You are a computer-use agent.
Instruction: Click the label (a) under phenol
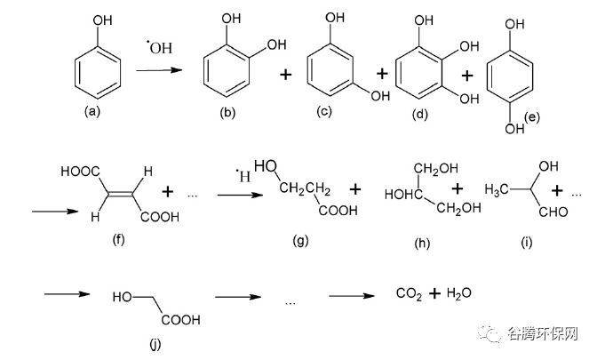click(x=92, y=111)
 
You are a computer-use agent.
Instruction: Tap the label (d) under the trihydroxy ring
click(x=420, y=114)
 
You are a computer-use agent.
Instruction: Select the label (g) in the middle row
click(x=301, y=240)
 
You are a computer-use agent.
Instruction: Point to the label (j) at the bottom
click(x=155, y=344)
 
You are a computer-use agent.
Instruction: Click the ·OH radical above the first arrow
click(x=160, y=47)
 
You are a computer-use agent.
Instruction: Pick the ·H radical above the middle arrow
click(x=243, y=175)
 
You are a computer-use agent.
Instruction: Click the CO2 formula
click(x=409, y=293)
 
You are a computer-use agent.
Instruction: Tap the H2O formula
click(x=458, y=293)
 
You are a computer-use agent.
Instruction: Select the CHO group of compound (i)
click(x=553, y=212)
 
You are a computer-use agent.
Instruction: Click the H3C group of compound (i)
click(x=497, y=189)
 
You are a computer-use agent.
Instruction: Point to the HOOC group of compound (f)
click(x=80, y=172)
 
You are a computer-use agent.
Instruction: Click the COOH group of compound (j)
click(x=180, y=319)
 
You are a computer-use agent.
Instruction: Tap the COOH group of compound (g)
click(x=338, y=211)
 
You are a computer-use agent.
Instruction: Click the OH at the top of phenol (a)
click(x=103, y=20)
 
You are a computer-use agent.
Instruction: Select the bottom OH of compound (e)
click(x=514, y=129)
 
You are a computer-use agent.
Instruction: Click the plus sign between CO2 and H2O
click(x=434, y=293)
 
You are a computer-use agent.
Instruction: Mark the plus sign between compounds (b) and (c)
click(x=285, y=75)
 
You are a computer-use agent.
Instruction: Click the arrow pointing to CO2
click(x=352, y=296)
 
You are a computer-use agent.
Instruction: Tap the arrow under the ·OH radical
click(x=159, y=70)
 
